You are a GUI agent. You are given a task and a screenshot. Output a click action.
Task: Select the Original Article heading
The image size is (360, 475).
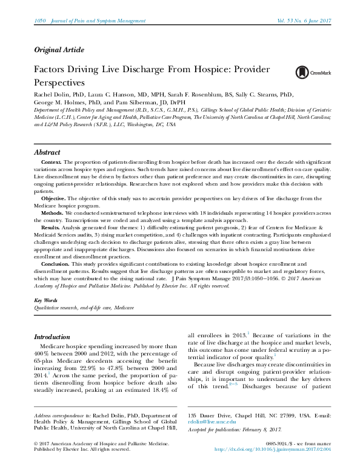[x=59, y=49]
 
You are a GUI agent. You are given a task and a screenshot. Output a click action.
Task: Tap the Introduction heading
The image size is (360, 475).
[x=52, y=337]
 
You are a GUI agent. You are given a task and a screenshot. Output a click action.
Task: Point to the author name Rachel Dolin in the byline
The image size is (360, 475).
[x=52, y=95]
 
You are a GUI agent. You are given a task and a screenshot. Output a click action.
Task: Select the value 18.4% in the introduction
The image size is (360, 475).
[x=163, y=395]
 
